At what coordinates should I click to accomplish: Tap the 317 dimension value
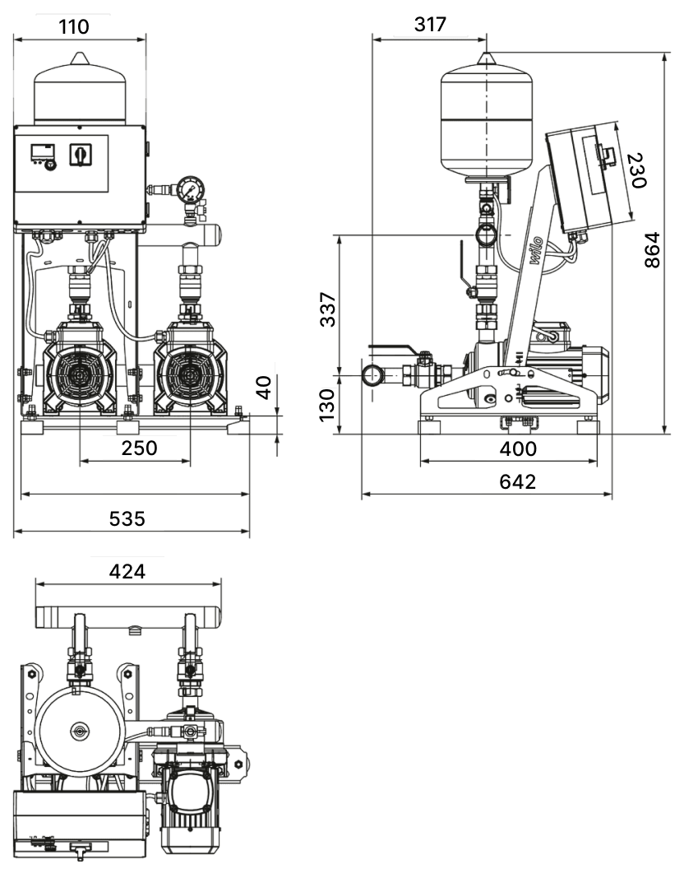click(x=431, y=24)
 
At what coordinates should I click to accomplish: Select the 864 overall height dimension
click(x=652, y=249)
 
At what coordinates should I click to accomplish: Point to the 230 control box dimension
click(x=637, y=170)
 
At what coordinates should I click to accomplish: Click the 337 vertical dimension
click(x=327, y=309)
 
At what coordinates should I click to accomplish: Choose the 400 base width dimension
click(x=518, y=448)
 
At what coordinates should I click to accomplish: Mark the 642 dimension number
click(x=517, y=481)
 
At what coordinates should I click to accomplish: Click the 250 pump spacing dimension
click(x=139, y=448)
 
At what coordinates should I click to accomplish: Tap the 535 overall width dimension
click(x=127, y=518)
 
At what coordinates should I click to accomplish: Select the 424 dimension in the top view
click(x=127, y=571)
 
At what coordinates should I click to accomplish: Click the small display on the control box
click(x=43, y=151)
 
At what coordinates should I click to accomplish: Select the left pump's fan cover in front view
click(x=80, y=374)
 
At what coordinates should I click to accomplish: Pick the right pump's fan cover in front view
click(x=190, y=374)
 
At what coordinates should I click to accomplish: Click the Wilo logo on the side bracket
click(x=534, y=252)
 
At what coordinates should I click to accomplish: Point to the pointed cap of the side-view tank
click(x=486, y=58)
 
